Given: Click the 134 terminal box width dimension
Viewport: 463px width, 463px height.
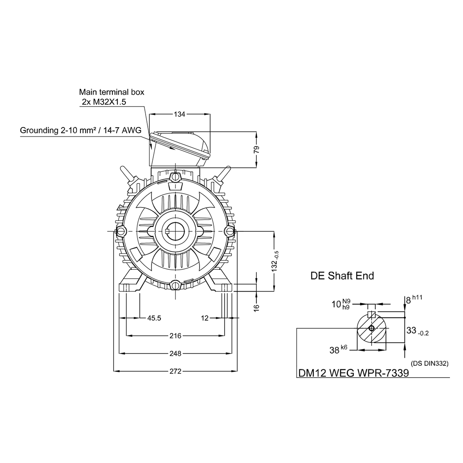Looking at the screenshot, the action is click(180, 114).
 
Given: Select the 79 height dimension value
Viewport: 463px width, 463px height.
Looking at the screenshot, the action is click(256, 149).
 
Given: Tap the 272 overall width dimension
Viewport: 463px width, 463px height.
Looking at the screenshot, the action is click(176, 371).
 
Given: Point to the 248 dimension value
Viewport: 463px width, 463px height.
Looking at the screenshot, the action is click(176, 353).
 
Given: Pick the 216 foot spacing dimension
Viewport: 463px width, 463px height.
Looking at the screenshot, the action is click(176, 336).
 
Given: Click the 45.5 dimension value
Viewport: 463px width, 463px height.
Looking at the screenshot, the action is click(154, 318).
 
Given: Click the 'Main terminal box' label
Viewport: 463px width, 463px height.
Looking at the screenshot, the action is click(112, 92).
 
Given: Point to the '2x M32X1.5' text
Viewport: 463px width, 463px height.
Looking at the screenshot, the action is click(104, 102).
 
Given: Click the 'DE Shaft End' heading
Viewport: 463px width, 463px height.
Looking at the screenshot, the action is click(342, 276).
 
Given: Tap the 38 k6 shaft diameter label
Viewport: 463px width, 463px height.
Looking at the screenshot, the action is click(338, 350).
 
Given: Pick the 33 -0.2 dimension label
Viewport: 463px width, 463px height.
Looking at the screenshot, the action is click(418, 331).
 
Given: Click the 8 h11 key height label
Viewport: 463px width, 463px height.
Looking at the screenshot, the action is click(414, 300).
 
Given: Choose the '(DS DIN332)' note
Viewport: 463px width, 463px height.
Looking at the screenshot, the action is click(429, 364).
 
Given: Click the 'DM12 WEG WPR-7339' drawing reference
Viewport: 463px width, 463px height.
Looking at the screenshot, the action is click(354, 373).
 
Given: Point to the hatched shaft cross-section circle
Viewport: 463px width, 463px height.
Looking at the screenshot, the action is click(372, 328).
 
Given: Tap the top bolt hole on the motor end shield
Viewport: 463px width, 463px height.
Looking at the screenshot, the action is click(176, 177).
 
